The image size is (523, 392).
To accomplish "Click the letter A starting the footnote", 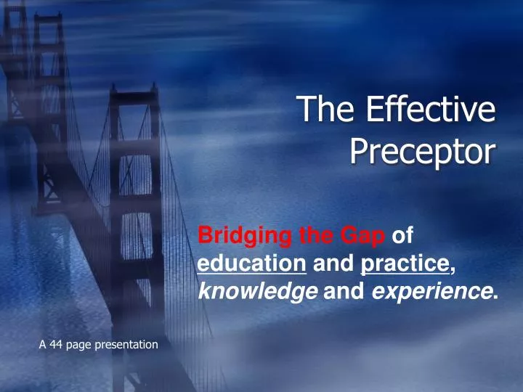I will (42, 344).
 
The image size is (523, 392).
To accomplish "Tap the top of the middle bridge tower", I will (134, 91).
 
